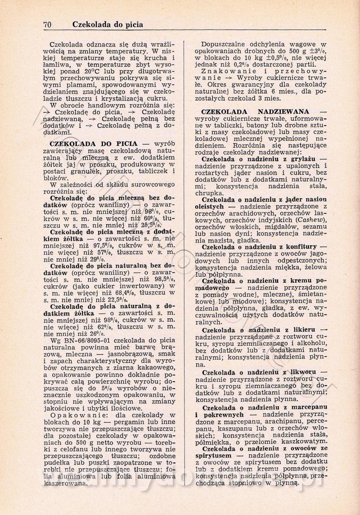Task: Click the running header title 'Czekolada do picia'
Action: coord(108,25)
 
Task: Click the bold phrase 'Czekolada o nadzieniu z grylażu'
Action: coord(264,159)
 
